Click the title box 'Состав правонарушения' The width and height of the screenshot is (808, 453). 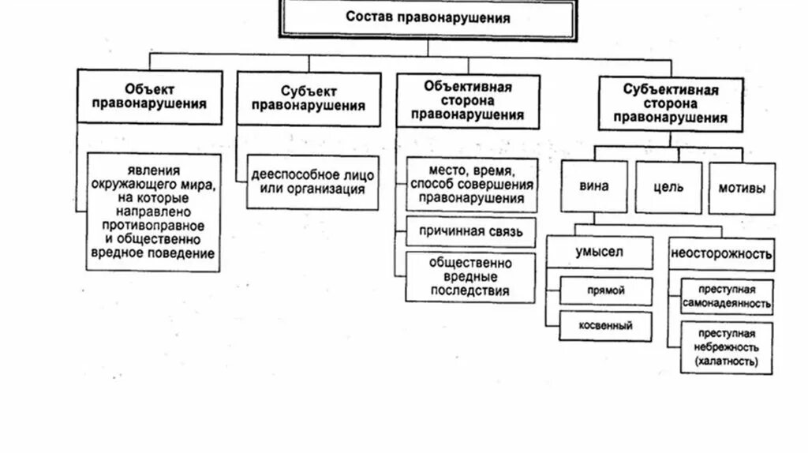click(x=428, y=17)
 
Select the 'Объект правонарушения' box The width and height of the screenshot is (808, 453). click(x=150, y=96)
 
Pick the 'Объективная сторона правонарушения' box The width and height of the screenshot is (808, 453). click(x=468, y=101)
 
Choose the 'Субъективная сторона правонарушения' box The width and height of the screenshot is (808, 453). click(x=670, y=103)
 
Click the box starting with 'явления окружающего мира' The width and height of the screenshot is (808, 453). click(x=153, y=212)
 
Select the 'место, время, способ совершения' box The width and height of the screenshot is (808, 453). click(x=472, y=184)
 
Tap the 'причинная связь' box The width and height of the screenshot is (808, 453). click(x=472, y=232)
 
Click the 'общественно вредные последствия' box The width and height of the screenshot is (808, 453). click(x=471, y=276)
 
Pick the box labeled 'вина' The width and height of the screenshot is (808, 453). click(x=593, y=187)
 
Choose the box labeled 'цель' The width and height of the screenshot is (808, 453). click(x=668, y=187)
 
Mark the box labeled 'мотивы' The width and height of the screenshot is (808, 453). click(x=742, y=187)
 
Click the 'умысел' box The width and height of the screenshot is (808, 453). click(x=600, y=253)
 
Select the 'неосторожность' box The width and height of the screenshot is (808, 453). click(x=721, y=254)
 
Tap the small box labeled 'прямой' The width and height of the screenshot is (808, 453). click(x=606, y=290)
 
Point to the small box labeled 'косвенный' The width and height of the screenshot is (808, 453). click(x=606, y=325)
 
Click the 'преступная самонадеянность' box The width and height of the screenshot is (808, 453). click(x=727, y=296)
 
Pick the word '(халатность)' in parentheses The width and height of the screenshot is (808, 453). click(x=727, y=361)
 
